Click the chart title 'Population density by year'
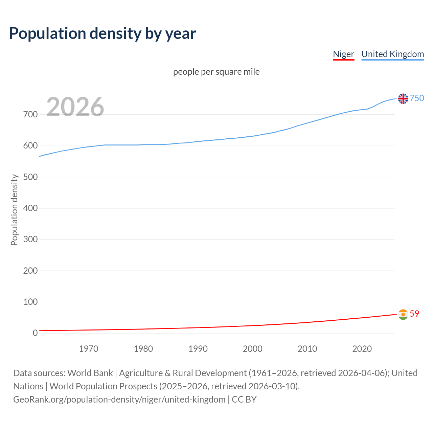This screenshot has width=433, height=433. coord(102,33)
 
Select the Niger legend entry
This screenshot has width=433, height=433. coord(343,54)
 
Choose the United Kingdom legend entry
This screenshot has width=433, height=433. coord(392,54)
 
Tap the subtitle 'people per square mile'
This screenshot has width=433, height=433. coord(216,72)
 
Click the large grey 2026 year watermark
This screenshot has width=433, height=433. coord(75,107)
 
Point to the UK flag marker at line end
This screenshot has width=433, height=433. coord(403,98)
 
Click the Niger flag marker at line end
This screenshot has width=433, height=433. coord(403,314)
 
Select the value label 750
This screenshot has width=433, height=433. coord(417,98)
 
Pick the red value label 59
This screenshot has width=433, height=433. coord(414,314)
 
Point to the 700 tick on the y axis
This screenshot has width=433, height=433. coord(30,115)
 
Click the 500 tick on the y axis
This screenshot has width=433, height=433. coord(30,177)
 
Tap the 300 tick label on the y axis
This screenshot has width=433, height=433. coord(30,240)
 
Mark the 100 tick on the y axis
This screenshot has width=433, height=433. coord(30,302)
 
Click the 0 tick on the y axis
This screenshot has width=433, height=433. coord(35,333)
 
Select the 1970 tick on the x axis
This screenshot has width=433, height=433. coord(89,349)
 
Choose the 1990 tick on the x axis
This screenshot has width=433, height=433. coord(198,349)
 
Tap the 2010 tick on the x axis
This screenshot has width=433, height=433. coord(307,349)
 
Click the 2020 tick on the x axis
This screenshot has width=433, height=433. coord(362,349)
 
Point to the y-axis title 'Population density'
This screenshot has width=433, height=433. coord(14,210)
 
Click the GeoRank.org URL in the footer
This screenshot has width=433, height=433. coord(119,400)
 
